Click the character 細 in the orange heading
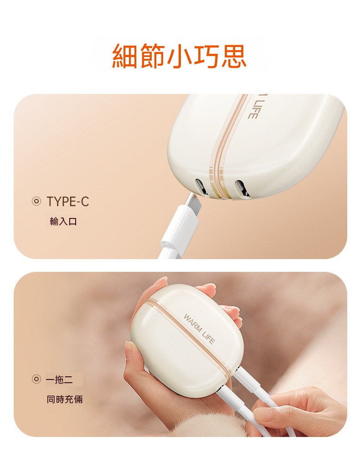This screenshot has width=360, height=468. [x=125, y=56]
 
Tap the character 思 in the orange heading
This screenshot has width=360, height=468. [x=233, y=56]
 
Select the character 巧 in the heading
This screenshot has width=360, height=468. [x=206, y=56]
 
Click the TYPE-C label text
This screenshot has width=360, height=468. [x=68, y=202]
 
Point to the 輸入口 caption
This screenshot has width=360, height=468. [x=63, y=222]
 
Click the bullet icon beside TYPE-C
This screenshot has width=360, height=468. [x=36, y=202]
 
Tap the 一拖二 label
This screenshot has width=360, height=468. [x=59, y=380]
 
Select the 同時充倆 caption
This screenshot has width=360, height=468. [x=64, y=399]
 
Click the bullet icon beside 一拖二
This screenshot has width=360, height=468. [x=36, y=380]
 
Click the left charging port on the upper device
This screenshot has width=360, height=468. [x=201, y=187]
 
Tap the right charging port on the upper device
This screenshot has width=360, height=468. [x=242, y=189]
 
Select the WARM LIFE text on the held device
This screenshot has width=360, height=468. [x=199, y=329]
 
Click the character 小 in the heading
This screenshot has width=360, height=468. [x=180, y=56]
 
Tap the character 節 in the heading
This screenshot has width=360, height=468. [x=152, y=56]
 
